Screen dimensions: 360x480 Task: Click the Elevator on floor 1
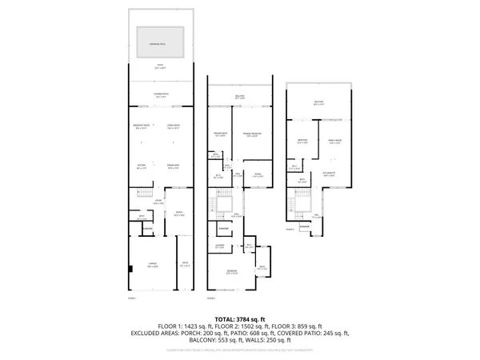pos(147,230)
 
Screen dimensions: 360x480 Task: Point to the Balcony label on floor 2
pos(241,98)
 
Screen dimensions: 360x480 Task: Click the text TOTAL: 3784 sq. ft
pos(240,319)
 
